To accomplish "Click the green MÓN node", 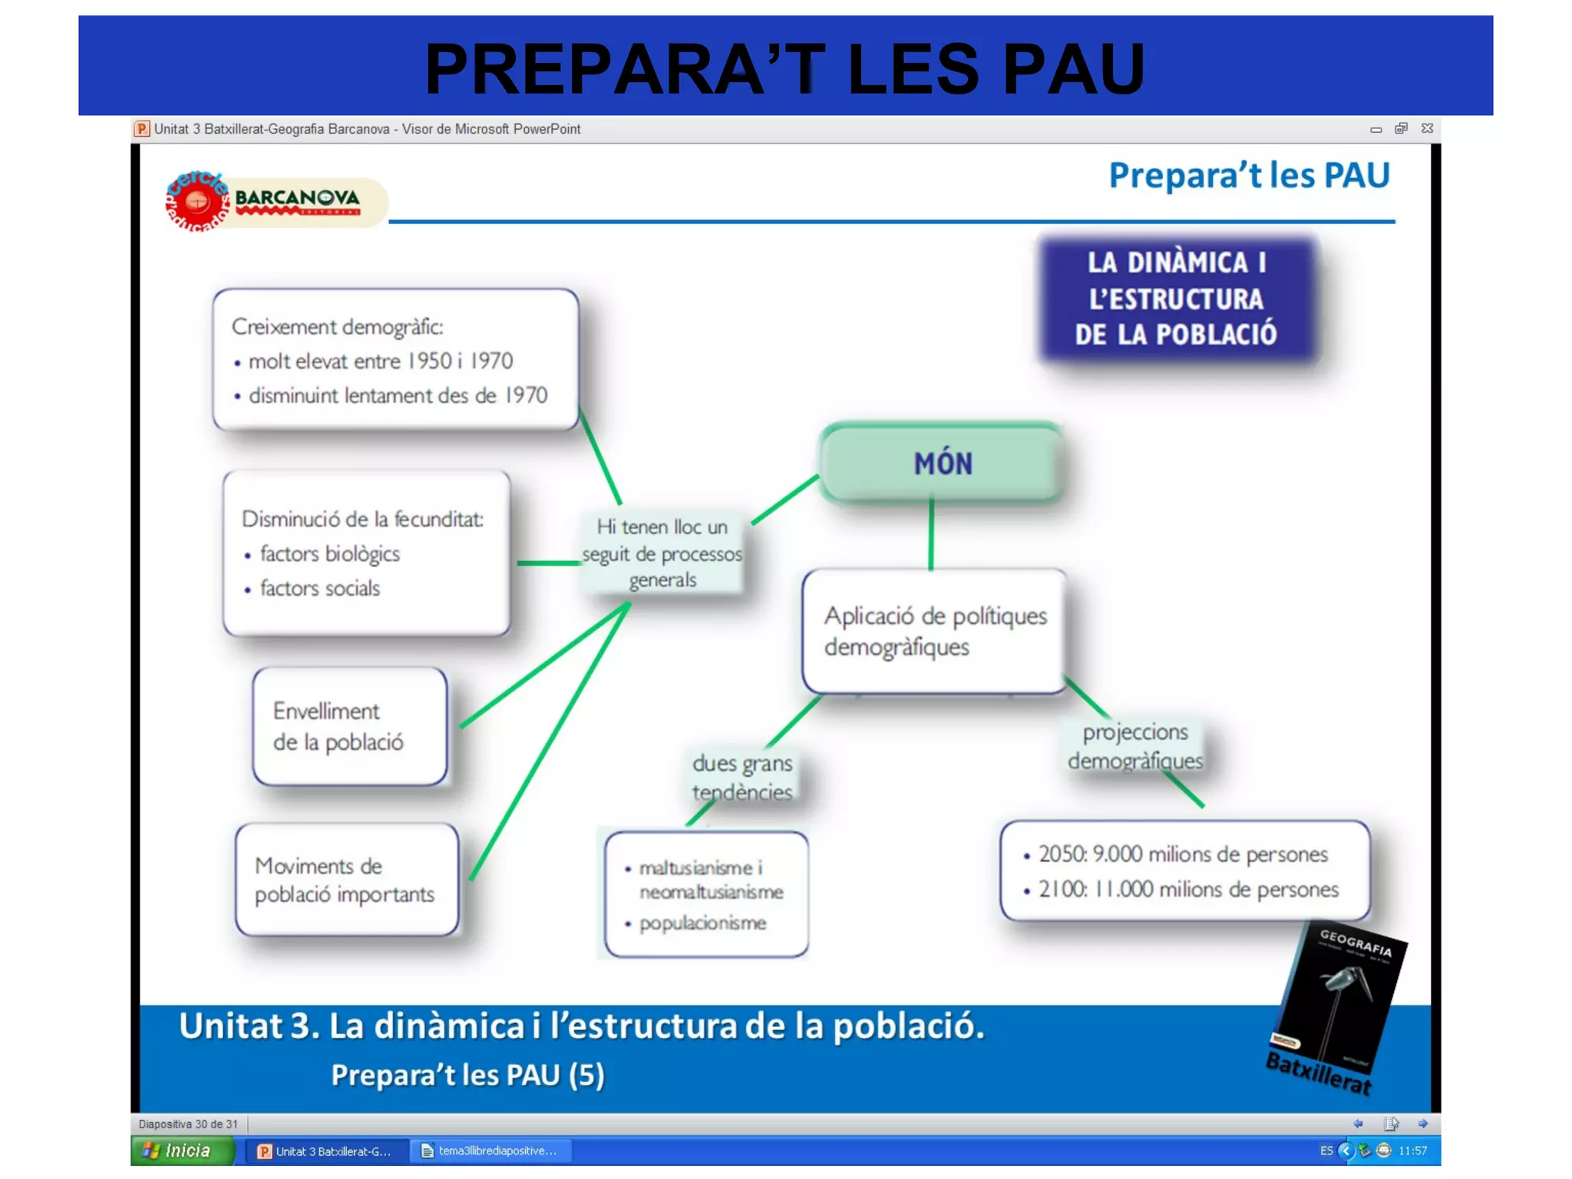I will pyautogui.click(x=942, y=464).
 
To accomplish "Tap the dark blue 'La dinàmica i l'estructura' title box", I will pyautogui.click(x=1176, y=299).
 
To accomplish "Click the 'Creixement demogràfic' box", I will pyautogui.click(x=395, y=359).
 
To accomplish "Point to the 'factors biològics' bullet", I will pyautogui.click(x=329, y=553).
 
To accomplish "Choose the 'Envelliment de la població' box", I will pyautogui.click(x=350, y=726).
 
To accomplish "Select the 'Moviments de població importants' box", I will pyautogui.click(x=346, y=880).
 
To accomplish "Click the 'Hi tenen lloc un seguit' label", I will pyautogui.click(x=662, y=553).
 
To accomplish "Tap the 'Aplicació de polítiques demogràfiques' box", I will pyautogui.click(x=934, y=631).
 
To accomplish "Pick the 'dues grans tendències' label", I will pyautogui.click(x=741, y=777).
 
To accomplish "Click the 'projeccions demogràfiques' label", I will pyautogui.click(x=1134, y=746).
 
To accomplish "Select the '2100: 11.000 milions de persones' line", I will pyautogui.click(x=1188, y=889).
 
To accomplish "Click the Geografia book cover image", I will pyautogui.click(x=1339, y=1002).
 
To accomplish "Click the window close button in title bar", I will pyautogui.click(x=1427, y=128).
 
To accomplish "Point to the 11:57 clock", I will pyautogui.click(x=1412, y=1151).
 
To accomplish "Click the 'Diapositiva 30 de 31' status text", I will pyautogui.click(x=188, y=1124).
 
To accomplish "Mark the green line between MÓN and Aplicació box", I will pyautogui.click(x=931, y=535).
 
